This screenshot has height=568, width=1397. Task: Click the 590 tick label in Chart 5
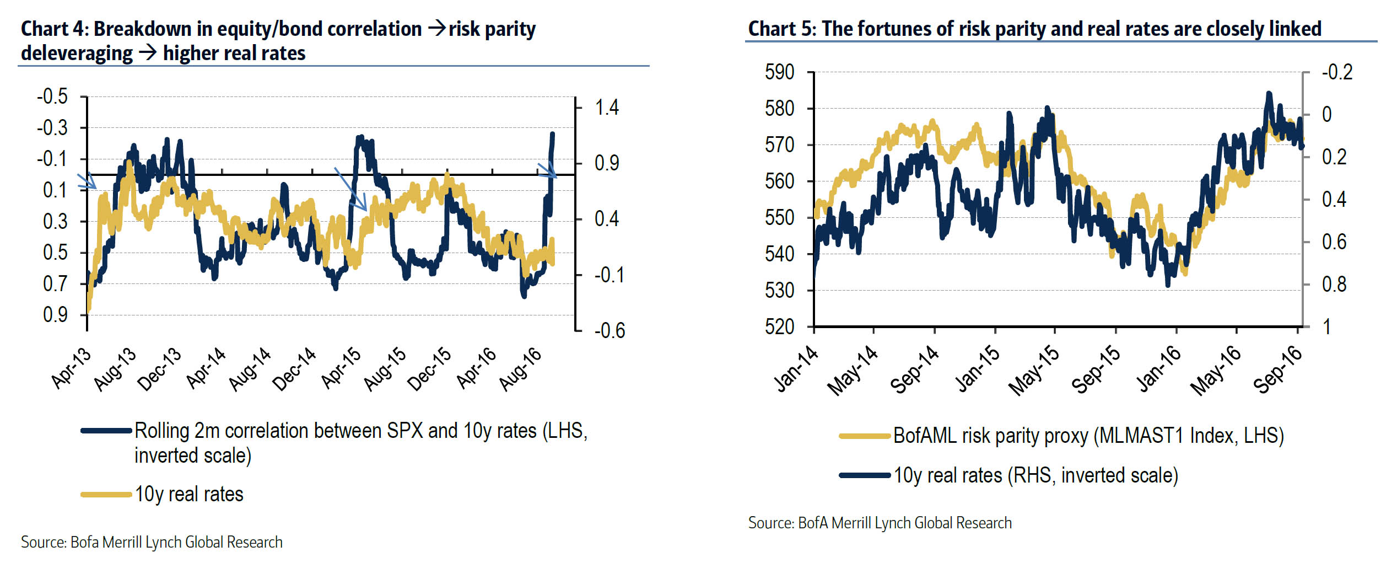click(779, 72)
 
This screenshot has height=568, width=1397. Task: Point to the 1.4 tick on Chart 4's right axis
click(607, 108)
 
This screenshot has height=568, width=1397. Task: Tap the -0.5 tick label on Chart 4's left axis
click(52, 97)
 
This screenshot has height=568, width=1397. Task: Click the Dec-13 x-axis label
click(159, 369)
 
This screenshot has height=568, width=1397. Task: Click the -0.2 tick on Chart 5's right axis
click(1337, 72)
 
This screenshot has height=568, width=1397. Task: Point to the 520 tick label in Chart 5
click(779, 327)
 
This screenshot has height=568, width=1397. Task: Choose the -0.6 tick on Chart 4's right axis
click(609, 331)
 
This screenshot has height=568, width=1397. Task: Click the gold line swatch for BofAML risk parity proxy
click(864, 436)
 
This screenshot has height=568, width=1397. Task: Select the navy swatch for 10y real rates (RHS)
click(864, 475)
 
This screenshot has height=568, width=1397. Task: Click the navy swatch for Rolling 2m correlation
click(106, 431)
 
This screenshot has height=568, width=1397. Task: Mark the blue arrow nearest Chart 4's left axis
click(87, 181)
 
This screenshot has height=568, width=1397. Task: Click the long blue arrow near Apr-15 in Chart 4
click(350, 189)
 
